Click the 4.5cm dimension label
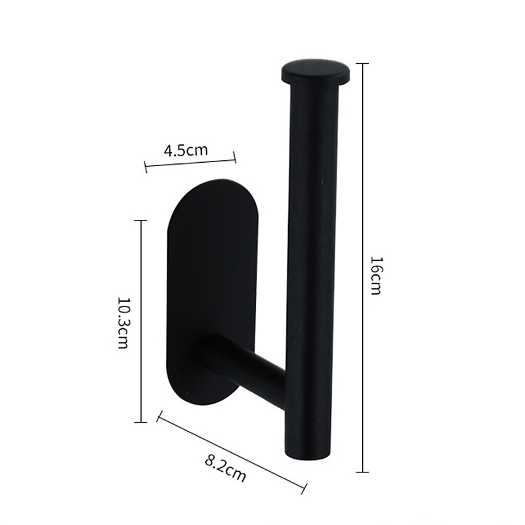point(186,150)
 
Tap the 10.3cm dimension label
point(123,322)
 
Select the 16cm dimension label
point(375,275)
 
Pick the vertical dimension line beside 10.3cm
point(140,322)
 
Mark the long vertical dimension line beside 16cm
point(362,268)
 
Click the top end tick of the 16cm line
point(362,64)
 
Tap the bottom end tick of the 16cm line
point(362,472)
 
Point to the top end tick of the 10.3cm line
point(140,220)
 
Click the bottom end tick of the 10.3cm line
point(140,422)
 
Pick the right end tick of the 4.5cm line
point(235,157)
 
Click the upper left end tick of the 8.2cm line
point(158,415)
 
